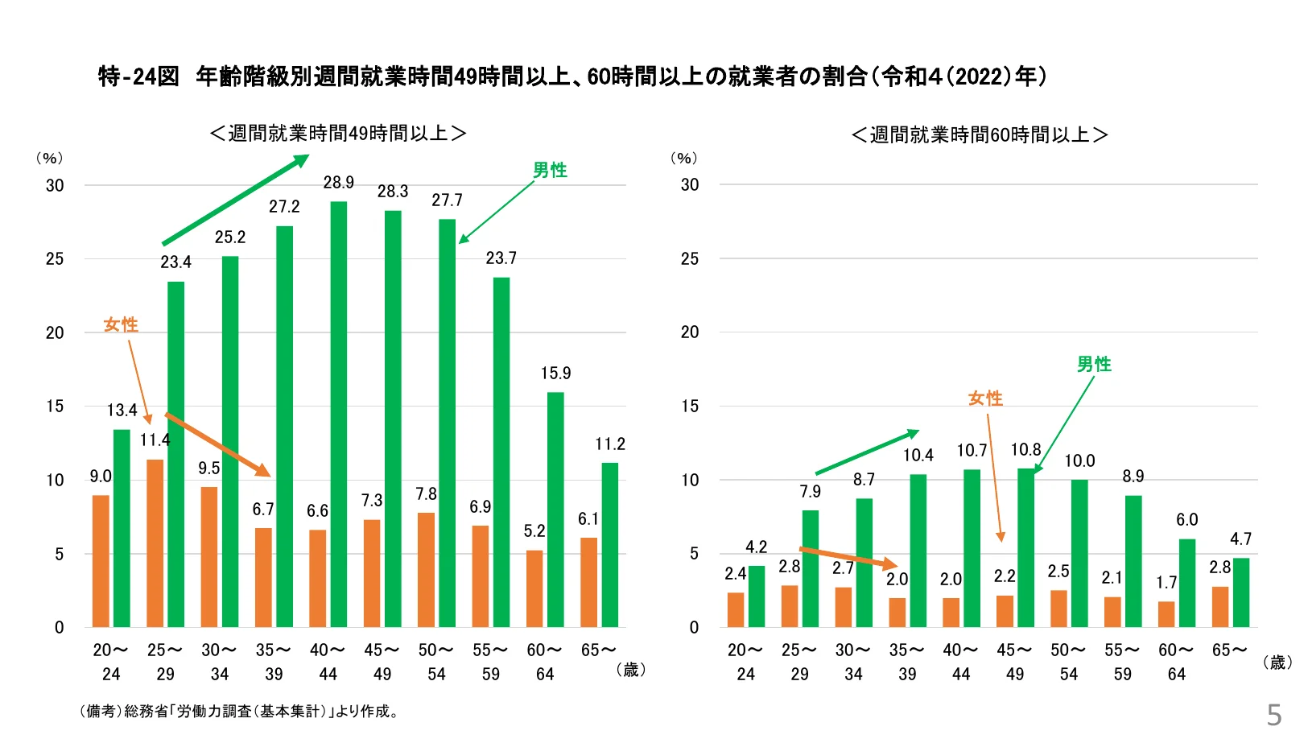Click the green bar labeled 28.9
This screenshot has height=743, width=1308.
[339, 415]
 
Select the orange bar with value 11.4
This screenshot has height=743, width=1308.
[155, 543]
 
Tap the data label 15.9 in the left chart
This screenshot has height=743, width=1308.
[555, 374]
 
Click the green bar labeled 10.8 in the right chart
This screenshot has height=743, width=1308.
[1025, 547]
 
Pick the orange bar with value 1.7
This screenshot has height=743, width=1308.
[1166, 614]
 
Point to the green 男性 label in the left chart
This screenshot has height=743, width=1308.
[550, 170]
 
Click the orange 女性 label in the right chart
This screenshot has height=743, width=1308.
[985, 398]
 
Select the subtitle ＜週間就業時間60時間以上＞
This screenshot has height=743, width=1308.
[980, 134]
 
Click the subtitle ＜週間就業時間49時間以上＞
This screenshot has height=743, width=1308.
[338, 133]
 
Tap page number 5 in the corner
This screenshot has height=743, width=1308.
[1273, 714]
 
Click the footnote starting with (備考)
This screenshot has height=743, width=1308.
[239, 712]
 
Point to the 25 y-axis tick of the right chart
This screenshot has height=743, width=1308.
[689, 259]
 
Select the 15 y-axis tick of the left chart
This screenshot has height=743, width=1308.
[54, 407]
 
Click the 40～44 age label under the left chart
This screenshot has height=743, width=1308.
[328, 662]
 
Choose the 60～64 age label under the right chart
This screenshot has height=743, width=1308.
[1176, 662]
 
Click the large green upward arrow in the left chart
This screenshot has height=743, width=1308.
[236, 200]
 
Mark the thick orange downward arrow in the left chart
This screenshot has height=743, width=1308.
[217, 444]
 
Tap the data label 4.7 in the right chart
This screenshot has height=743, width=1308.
[1240, 539]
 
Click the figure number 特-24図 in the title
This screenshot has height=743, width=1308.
[138, 76]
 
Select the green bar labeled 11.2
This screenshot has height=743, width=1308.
[610, 545]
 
